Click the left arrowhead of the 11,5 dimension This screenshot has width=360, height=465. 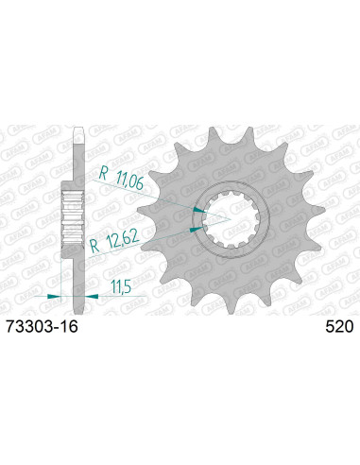click(55, 296)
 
